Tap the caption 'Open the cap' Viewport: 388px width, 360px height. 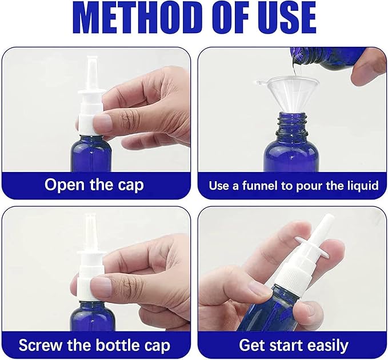tap(94, 185)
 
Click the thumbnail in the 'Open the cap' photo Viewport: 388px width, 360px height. tap(103, 123)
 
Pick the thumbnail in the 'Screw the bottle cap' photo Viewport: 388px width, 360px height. tap(101, 286)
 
